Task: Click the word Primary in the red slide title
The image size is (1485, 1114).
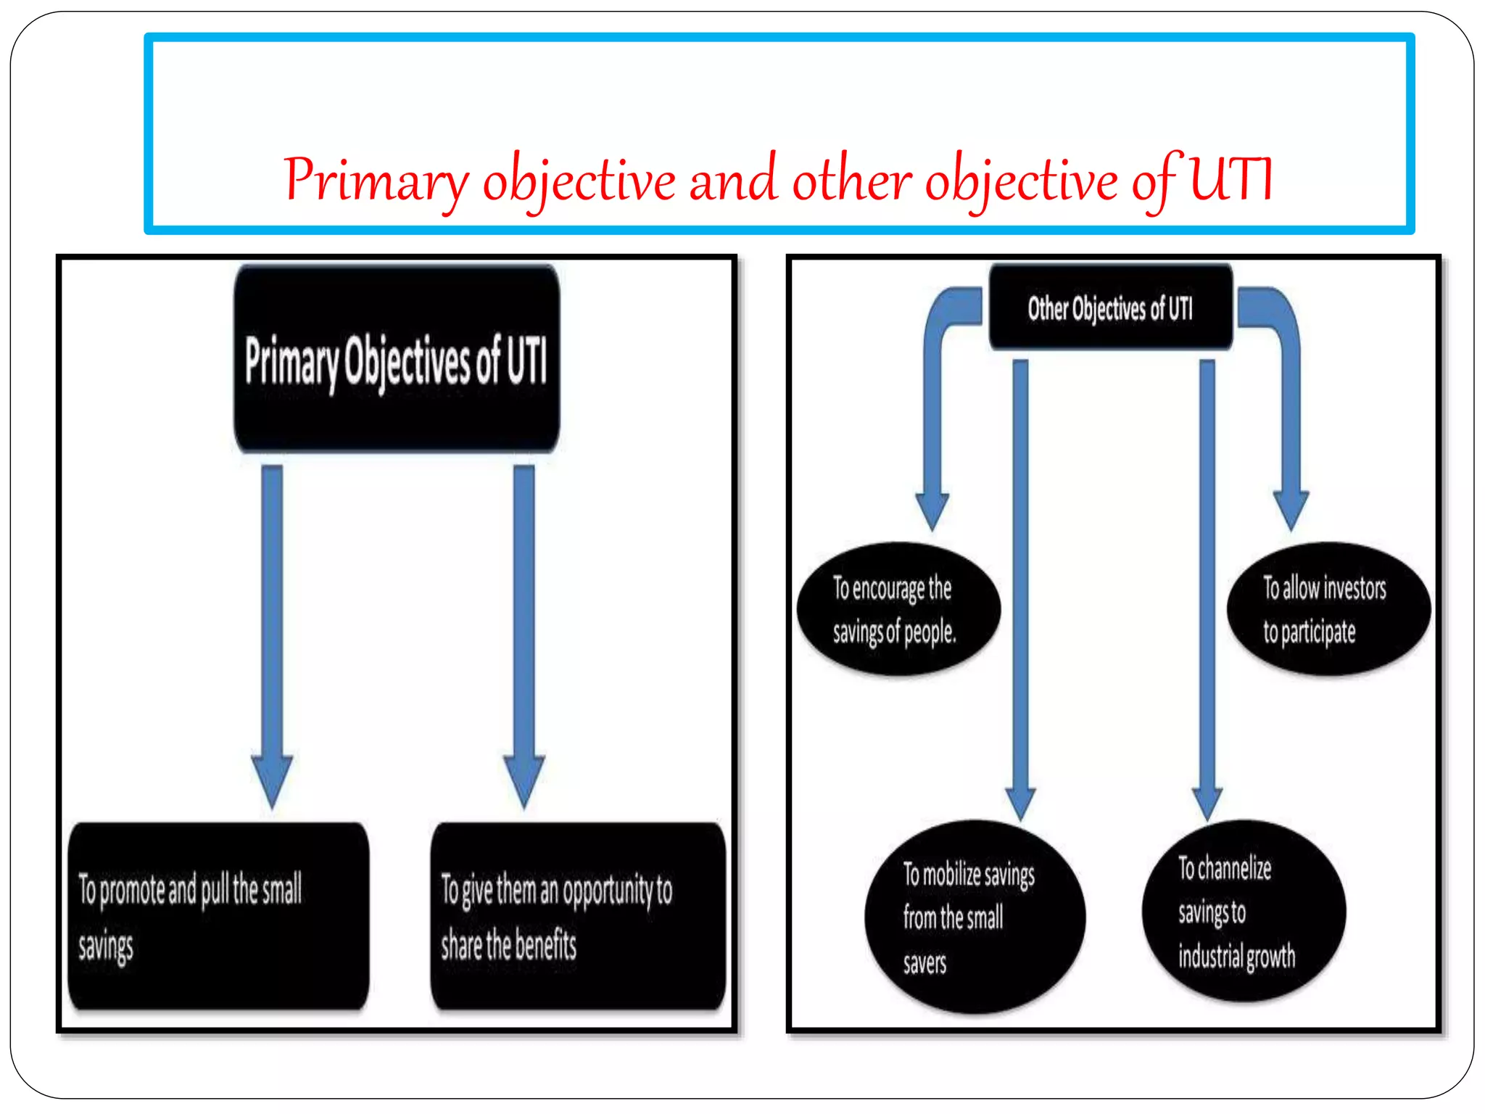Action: [x=376, y=180]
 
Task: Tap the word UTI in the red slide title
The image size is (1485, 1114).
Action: [x=1230, y=178]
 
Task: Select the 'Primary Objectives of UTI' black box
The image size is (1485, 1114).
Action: [x=396, y=360]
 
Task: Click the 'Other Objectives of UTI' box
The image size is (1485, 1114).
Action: [x=1110, y=308]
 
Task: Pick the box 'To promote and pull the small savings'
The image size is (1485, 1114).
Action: [x=218, y=915]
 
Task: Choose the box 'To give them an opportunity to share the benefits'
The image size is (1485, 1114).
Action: [x=578, y=915]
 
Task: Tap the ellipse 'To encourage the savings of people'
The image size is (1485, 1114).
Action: [x=898, y=609]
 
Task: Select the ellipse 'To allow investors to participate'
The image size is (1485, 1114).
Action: [x=1328, y=609]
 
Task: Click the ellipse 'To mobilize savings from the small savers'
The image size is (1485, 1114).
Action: [x=974, y=917]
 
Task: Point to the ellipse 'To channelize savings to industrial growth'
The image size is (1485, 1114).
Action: [x=1243, y=911]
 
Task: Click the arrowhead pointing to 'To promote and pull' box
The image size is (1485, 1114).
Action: [x=272, y=780]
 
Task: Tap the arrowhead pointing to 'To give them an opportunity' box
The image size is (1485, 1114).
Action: [x=524, y=780]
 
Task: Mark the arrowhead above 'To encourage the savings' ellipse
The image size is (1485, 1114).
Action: [x=932, y=511]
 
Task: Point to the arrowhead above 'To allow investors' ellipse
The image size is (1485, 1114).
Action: [x=1291, y=509]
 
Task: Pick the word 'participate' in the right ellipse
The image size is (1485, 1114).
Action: [x=1318, y=632]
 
